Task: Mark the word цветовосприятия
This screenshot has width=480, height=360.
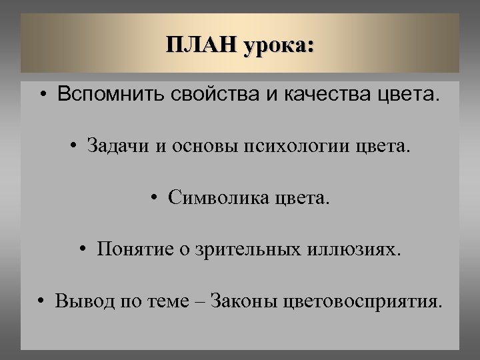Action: click(x=361, y=301)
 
